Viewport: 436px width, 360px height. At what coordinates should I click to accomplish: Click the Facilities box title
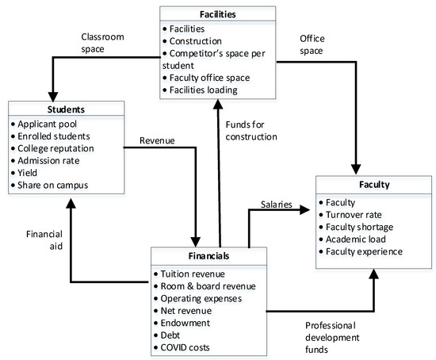click(218, 13)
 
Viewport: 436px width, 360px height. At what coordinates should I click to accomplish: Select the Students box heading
click(66, 109)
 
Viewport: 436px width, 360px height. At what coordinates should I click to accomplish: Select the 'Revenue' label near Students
click(157, 140)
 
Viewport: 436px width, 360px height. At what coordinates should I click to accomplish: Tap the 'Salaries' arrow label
click(276, 205)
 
